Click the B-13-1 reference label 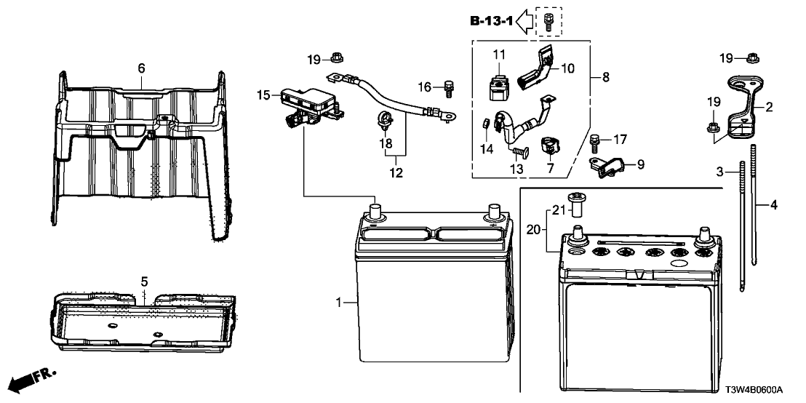pos(491,22)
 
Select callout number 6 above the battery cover pos(141,68)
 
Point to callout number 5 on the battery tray pos(144,280)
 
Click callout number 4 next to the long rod pos(773,206)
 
